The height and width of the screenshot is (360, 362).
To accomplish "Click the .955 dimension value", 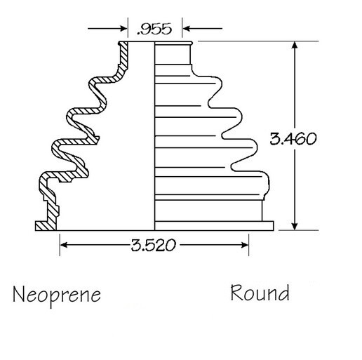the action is tap(154, 29).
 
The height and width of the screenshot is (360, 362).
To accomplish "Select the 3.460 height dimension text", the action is tap(293, 138).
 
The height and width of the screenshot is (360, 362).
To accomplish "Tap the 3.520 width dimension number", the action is tap(153, 245).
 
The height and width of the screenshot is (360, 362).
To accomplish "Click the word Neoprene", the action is tap(57, 295).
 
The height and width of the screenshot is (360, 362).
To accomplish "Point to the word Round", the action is tap(260, 293).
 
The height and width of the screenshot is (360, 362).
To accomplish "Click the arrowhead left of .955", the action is tap(123, 29).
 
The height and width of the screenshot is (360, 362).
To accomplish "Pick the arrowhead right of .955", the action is tap(187, 29).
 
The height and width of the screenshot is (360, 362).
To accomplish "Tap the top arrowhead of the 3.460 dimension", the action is tap(295, 46).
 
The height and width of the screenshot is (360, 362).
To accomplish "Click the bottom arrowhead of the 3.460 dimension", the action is tap(295, 226).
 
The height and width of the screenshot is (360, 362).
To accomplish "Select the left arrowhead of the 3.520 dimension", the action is tap(65, 245).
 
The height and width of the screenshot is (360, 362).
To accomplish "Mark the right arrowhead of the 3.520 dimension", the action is tap(244, 245).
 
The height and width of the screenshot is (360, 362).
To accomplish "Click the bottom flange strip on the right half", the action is tap(214, 226).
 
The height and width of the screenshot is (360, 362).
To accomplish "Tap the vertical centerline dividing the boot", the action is tap(154, 136).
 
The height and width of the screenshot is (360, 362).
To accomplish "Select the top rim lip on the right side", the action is tap(173, 43).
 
